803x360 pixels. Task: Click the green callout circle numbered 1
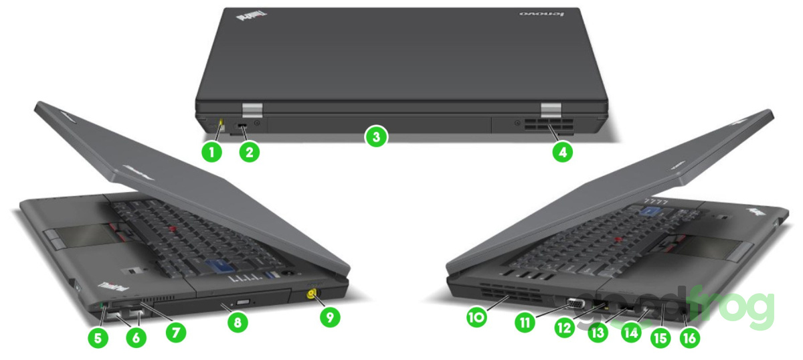(211, 152)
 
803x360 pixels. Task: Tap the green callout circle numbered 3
(376, 137)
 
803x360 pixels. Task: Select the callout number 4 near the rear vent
(563, 152)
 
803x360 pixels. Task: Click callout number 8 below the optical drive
(238, 323)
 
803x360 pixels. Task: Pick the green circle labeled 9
(330, 317)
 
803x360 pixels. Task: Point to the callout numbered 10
(476, 317)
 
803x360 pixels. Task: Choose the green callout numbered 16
(690, 338)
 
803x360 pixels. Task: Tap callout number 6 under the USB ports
(136, 337)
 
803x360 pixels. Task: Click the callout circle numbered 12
(565, 327)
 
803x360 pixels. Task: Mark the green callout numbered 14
(631, 333)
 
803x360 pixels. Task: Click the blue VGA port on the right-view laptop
(575, 304)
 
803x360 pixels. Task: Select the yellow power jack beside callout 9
(310, 294)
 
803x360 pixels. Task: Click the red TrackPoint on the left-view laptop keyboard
(173, 228)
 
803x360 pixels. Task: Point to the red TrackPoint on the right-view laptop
(617, 239)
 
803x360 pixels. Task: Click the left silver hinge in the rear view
(252, 110)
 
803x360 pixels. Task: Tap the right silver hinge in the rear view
(551, 110)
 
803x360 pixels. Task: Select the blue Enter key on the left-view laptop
(219, 266)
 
